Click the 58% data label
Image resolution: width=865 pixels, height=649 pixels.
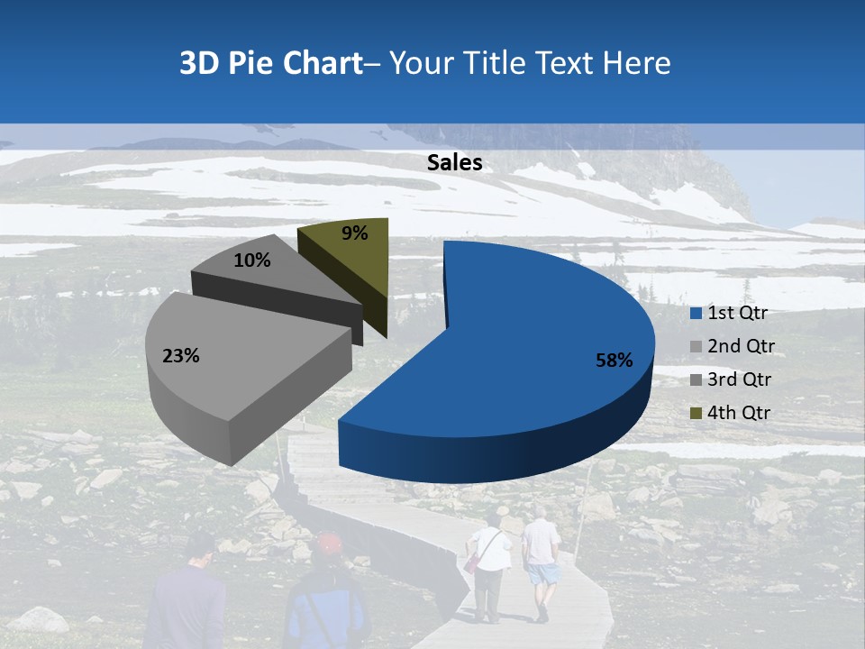pyautogui.click(x=615, y=361)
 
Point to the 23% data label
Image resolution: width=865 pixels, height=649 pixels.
pyautogui.click(x=180, y=356)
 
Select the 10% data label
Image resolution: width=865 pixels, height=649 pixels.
pyautogui.click(x=251, y=261)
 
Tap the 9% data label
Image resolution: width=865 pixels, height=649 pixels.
pyautogui.click(x=355, y=233)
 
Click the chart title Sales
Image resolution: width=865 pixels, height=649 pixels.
pyautogui.click(x=454, y=162)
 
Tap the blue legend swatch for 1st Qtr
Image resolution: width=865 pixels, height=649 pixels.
pyautogui.click(x=696, y=314)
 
